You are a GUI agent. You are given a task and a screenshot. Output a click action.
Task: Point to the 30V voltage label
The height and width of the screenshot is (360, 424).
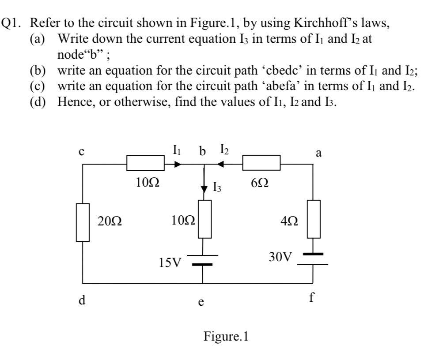point(280,256)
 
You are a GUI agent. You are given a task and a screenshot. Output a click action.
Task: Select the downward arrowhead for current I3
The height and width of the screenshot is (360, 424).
point(204,188)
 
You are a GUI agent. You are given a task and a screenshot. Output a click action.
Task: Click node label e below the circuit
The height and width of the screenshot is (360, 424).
point(201,303)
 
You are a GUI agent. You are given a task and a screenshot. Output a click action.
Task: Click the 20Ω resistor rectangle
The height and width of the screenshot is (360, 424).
point(83,222)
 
